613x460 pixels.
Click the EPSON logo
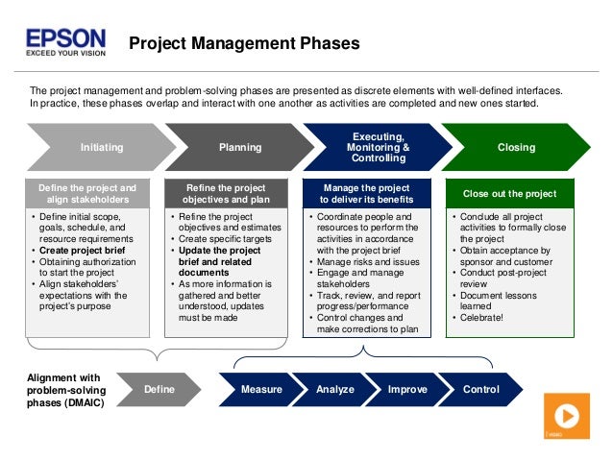(x=65, y=37)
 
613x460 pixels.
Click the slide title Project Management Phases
(x=244, y=43)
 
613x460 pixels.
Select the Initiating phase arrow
(x=101, y=148)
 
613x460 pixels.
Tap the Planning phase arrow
(x=239, y=148)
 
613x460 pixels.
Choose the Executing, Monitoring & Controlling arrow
(x=378, y=148)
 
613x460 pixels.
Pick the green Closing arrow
(x=516, y=148)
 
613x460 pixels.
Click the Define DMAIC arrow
(x=159, y=390)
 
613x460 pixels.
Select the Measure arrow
(x=260, y=390)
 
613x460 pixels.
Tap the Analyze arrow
(x=334, y=390)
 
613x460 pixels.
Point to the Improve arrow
(x=407, y=390)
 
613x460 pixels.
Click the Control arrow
(x=480, y=390)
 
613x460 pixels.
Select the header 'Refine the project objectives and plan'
(x=228, y=194)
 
